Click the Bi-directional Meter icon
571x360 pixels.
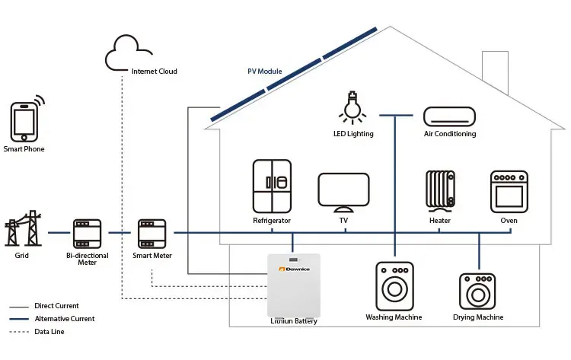pyautogui.click(x=87, y=233)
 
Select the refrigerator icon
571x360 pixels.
pyautogui.click(x=272, y=187)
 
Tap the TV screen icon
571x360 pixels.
pyautogui.click(x=343, y=192)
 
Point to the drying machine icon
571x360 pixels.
pyautogui.click(x=478, y=291)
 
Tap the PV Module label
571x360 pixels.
pyautogui.click(x=264, y=72)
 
